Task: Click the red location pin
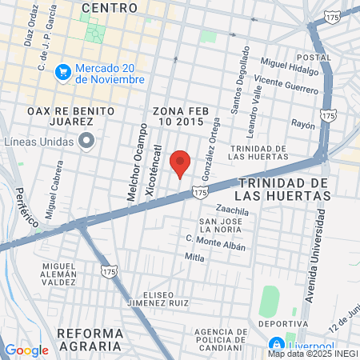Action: tap(181, 163)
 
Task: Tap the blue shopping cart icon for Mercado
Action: tap(64, 73)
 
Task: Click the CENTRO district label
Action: tap(110, 7)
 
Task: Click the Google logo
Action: tap(26, 350)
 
